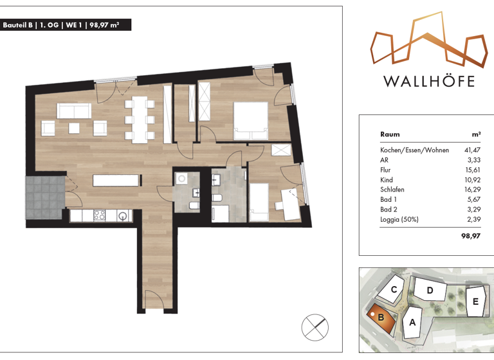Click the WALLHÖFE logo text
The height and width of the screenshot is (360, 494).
click(429, 81)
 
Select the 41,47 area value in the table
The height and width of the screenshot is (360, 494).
click(472, 150)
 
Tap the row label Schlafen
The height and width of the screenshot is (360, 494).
click(392, 190)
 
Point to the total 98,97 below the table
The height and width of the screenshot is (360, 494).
click(471, 236)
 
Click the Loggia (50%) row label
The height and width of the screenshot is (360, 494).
click(399, 219)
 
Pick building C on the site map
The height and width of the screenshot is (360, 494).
click(391, 289)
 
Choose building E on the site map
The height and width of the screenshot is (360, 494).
click(475, 301)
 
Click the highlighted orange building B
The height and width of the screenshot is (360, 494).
click(381, 318)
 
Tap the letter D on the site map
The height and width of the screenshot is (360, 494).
click(430, 291)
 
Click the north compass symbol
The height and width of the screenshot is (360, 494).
click(315, 327)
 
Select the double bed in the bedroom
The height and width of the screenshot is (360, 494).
click(250, 121)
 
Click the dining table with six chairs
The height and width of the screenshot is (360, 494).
click(139, 120)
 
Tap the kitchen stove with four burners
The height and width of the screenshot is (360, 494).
click(100, 215)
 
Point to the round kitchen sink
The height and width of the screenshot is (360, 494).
click(123, 216)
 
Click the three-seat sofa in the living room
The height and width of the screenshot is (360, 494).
click(74, 111)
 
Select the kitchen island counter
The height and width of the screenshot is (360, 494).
click(116, 181)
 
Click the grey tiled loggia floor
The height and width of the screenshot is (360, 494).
click(45, 198)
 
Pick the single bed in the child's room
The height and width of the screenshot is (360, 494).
click(259, 203)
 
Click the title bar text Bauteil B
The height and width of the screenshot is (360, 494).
click(17, 25)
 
